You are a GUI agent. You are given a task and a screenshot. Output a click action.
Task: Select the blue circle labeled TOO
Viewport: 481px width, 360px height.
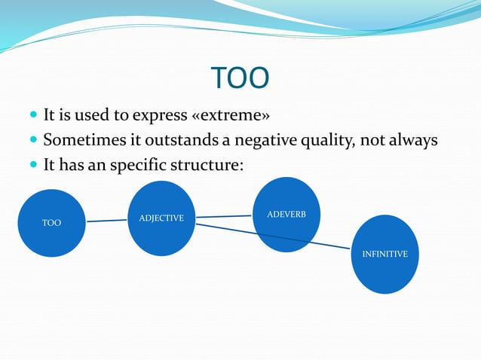tap(51, 223)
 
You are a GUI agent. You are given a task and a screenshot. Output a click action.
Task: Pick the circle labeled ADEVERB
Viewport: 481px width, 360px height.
tap(286, 215)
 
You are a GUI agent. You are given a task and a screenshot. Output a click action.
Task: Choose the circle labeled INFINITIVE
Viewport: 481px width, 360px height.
tap(384, 255)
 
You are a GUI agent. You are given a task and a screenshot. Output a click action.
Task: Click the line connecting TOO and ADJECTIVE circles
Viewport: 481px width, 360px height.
tap(107, 221)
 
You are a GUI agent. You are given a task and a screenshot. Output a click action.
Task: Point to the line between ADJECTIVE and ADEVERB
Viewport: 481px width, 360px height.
tap(223, 217)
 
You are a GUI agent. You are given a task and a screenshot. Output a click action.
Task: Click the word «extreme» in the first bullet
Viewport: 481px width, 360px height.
tap(234, 116)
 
